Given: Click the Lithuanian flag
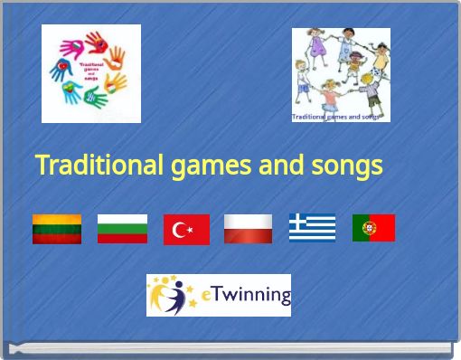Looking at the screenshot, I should tap(57, 229).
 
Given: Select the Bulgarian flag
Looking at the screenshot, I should tap(122, 229).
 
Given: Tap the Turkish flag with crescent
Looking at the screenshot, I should tap(186, 230).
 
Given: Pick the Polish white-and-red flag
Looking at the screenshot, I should tap(248, 229).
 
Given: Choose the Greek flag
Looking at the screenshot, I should tap(312, 228).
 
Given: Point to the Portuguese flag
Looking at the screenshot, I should tap(373, 228).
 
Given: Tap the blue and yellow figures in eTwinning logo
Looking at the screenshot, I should tap(172, 295).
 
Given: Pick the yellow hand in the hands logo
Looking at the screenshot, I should tap(116, 84).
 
